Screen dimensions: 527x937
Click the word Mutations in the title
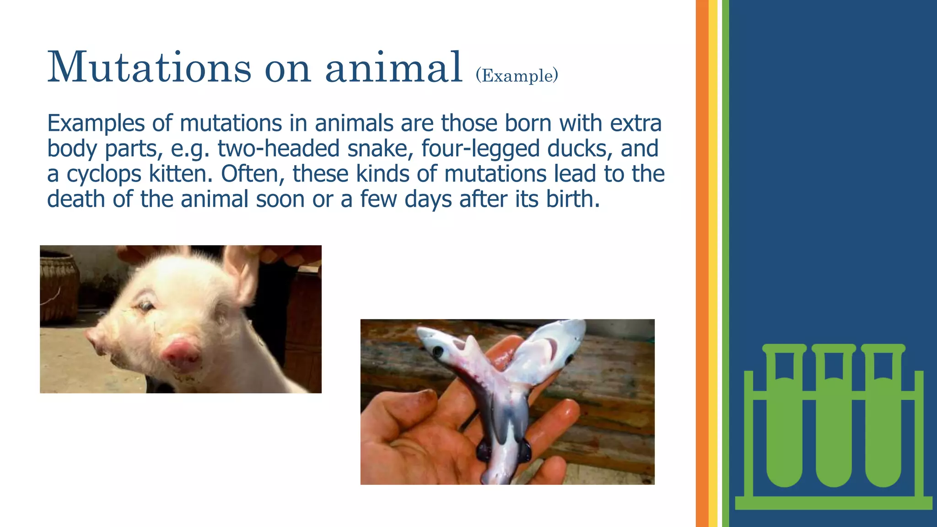click(x=149, y=68)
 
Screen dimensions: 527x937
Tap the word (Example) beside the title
click(x=517, y=75)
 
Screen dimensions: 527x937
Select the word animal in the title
click(x=393, y=68)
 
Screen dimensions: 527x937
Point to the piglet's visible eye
click(x=145, y=306)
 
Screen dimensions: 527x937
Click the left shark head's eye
click(x=438, y=352)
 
